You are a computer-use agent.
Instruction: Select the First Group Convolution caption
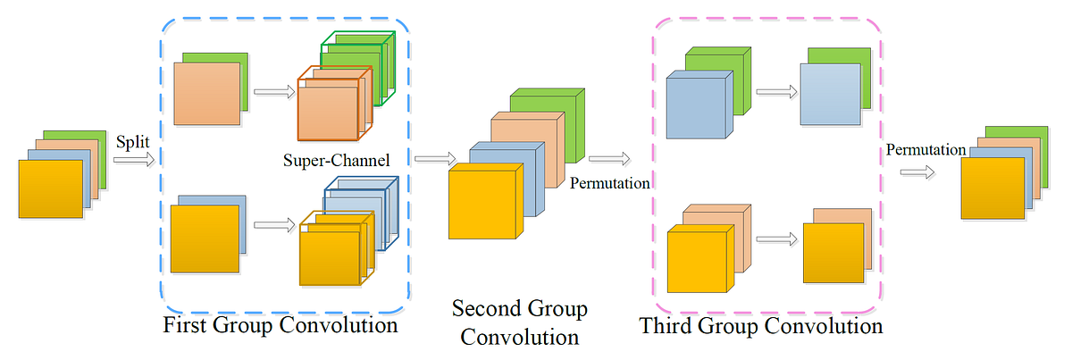(x=281, y=324)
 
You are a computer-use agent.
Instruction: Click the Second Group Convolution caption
(x=519, y=323)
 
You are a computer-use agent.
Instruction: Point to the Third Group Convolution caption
(x=761, y=326)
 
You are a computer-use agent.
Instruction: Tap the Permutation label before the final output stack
(x=925, y=149)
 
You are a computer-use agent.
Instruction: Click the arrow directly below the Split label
(x=132, y=161)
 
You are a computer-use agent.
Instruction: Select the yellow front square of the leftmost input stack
(x=50, y=188)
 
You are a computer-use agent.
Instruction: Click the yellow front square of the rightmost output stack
(x=992, y=188)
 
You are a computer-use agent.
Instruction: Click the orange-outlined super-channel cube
(x=326, y=108)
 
